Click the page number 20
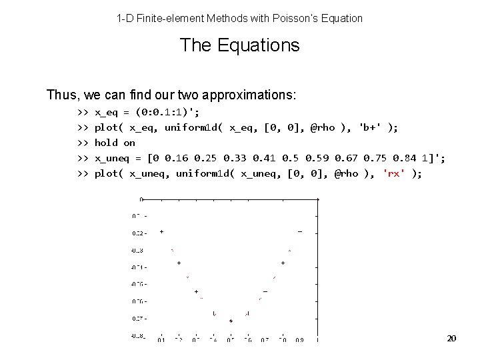[x=451, y=339]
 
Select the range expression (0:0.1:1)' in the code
[x=167, y=112]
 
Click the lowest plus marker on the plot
[x=231, y=321]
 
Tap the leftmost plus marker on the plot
[x=161, y=232]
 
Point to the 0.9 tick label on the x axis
[x=299, y=341]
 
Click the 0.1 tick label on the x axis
[x=161, y=341]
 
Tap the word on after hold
[x=129, y=143]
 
